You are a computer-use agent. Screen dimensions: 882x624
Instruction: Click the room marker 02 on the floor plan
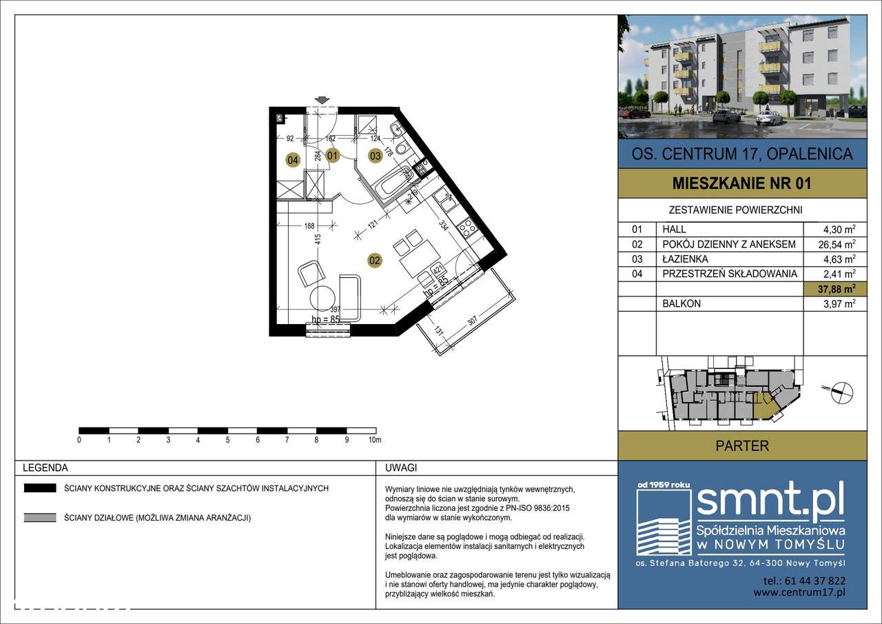tap(374, 261)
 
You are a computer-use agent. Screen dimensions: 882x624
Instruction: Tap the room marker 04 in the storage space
tap(293, 160)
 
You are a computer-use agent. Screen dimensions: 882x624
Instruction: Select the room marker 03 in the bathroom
tap(375, 156)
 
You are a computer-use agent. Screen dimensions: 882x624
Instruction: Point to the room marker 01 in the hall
tap(333, 156)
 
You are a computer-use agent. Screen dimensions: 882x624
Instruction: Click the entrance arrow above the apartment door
tap(322, 101)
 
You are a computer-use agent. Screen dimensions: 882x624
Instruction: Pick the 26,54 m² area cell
tap(837, 244)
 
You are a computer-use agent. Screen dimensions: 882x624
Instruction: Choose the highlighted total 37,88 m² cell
tap(837, 289)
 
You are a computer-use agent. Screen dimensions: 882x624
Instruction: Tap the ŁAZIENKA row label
tap(685, 259)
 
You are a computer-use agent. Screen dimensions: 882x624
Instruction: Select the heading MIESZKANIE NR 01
tap(742, 183)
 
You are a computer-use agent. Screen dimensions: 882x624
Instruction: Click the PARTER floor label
tap(742, 445)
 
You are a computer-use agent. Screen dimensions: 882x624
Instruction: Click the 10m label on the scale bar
tap(375, 440)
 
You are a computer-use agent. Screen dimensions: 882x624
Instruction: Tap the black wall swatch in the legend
tap(40, 488)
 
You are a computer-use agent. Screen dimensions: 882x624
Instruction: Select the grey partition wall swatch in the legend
tap(40, 518)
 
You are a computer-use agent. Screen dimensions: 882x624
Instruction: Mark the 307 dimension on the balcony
tap(473, 320)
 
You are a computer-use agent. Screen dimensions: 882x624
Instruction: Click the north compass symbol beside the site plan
tap(843, 392)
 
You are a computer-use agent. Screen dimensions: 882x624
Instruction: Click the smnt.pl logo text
tap(770, 501)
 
